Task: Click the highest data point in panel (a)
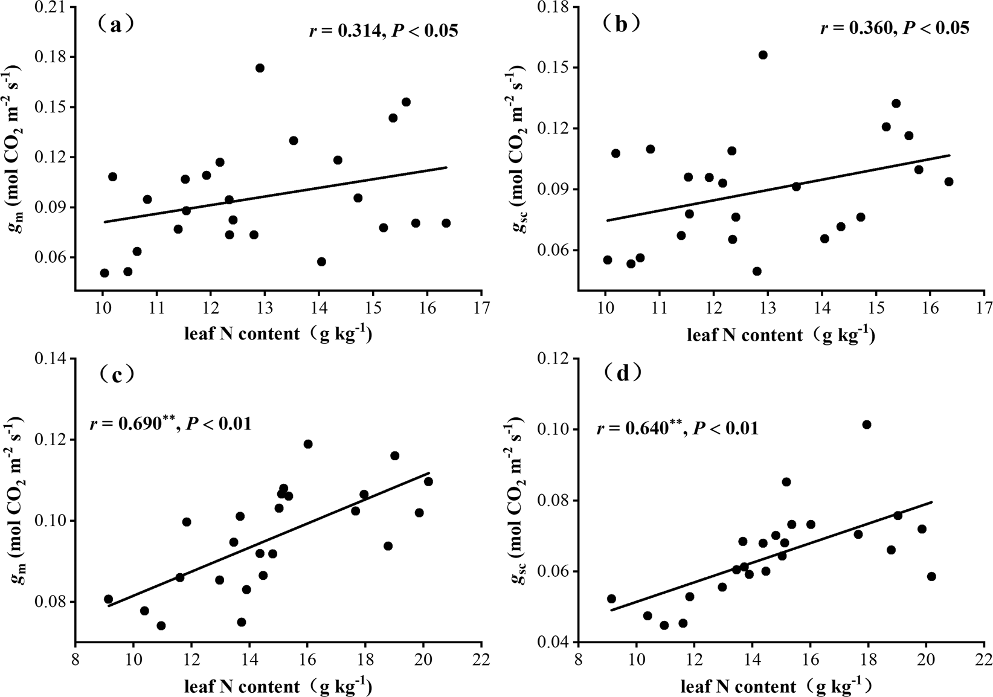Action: click(260, 68)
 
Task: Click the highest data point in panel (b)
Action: click(763, 55)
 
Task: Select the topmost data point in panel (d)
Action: click(867, 425)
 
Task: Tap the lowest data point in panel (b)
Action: click(757, 271)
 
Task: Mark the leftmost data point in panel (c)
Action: click(109, 599)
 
